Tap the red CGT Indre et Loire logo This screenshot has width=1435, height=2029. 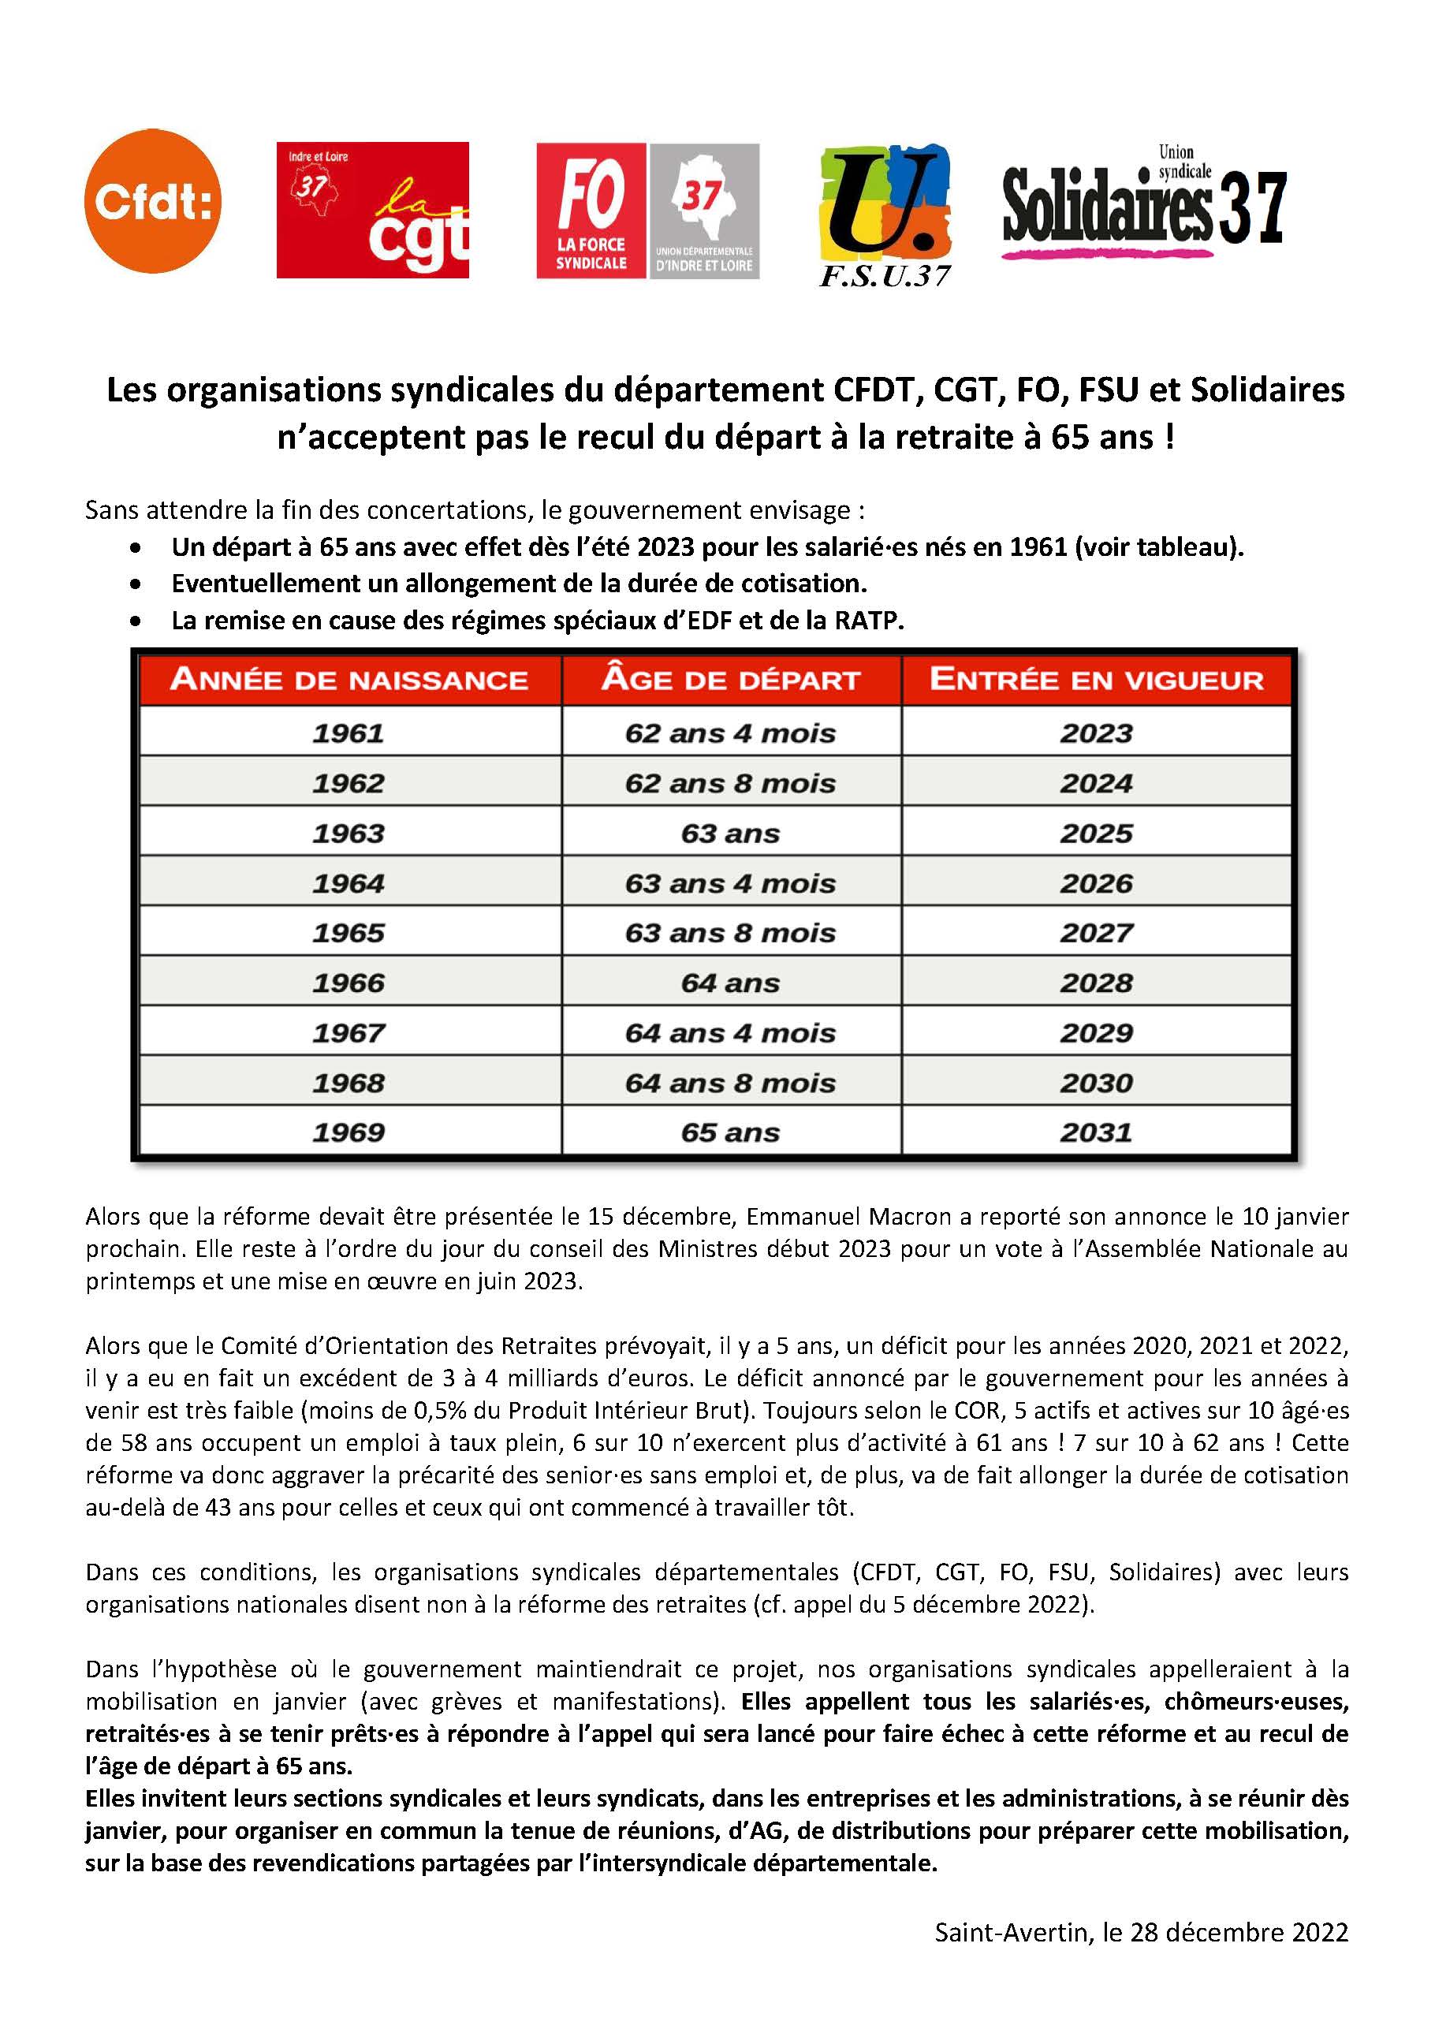point(372,211)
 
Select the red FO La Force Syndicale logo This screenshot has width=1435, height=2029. point(591,211)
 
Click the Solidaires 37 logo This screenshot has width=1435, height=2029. point(1143,205)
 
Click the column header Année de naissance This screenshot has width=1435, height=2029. point(349,680)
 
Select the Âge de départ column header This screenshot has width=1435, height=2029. point(730,680)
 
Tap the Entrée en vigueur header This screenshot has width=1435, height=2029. point(1096,680)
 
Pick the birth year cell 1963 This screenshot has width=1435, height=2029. point(348,834)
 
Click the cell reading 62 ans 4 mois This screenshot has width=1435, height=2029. point(730,733)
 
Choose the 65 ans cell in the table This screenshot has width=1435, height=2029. point(730,1133)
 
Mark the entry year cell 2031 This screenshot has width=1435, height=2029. point(1096,1133)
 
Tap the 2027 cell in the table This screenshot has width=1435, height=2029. point(1096,933)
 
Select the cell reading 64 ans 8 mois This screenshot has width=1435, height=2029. point(730,1084)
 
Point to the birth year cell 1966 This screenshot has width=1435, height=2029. point(348,983)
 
